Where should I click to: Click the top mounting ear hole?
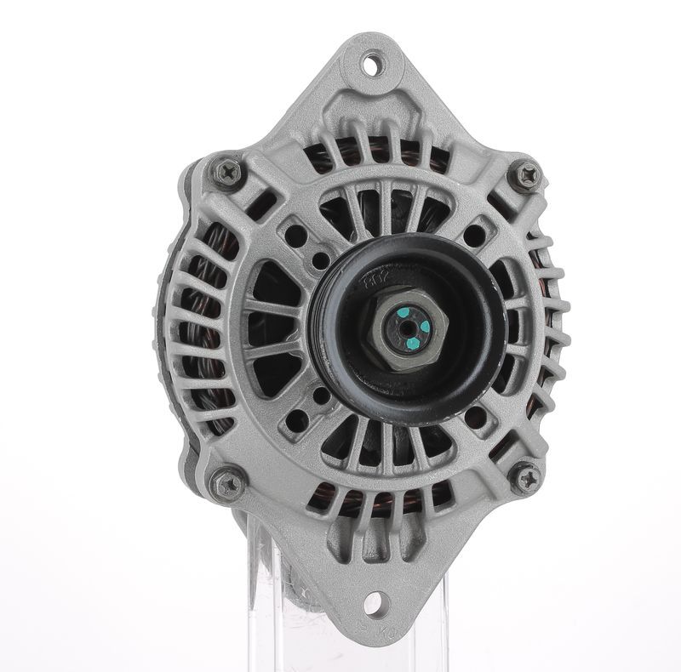(x=372, y=64)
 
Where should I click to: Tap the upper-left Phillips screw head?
(x=227, y=173)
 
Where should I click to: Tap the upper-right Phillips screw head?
(x=527, y=176)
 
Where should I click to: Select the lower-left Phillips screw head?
(x=227, y=484)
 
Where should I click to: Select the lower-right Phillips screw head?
(x=525, y=477)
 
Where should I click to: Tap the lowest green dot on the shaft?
(x=411, y=343)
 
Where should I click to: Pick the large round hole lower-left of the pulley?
(x=296, y=419)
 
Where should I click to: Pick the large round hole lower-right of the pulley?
(x=478, y=415)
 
